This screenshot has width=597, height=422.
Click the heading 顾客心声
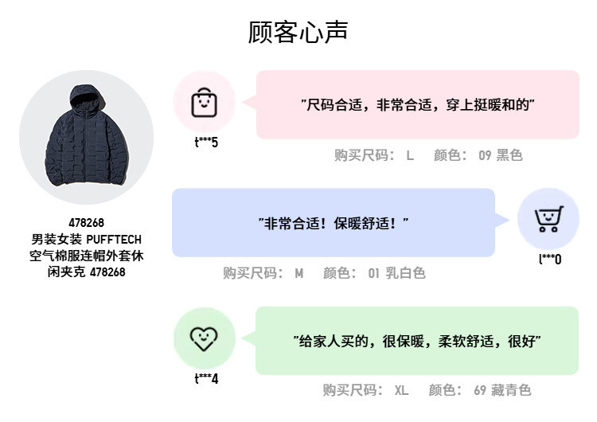[x=298, y=33]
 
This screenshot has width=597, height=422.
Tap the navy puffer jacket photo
[x=85, y=137]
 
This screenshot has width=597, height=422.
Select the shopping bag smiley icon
[x=204, y=102]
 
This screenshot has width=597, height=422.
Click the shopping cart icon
[x=548, y=219]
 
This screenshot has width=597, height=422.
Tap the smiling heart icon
[x=204, y=338]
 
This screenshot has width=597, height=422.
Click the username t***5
[x=206, y=143]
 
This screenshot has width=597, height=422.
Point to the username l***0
[x=550, y=259]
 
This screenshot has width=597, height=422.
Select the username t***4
[x=206, y=379]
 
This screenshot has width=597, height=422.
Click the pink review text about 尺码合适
[x=417, y=104]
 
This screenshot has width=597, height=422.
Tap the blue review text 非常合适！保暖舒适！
[x=334, y=223]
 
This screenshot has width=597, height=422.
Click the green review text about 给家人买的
[x=417, y=341]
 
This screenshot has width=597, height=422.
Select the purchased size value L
[x=410, y=155]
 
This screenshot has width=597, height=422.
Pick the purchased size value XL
[x=401, y=390]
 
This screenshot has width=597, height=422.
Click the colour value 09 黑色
[x=500, y=155]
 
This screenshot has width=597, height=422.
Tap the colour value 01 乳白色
[x=396, y=273]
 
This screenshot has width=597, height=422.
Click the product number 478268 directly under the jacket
[x=86, y=223]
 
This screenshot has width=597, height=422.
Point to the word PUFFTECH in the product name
[x=114, y=239]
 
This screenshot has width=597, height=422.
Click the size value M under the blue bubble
[x=299, y=273]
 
